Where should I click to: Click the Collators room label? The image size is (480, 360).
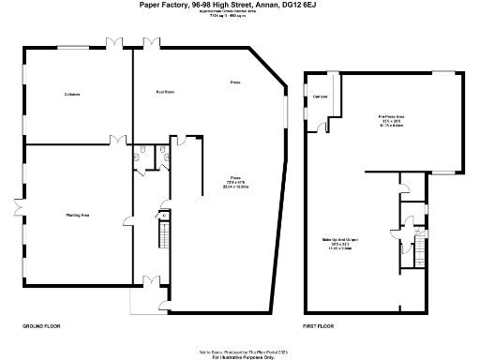click(71, 94)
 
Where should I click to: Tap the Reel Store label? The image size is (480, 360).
click(165, 92)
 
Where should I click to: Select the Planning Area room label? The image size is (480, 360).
click(77, 216)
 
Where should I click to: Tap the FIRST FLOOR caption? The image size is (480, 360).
click(320, 325)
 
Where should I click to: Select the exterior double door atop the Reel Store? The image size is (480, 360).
click(151, 43)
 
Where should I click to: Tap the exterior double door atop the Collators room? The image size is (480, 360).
click(113, 43)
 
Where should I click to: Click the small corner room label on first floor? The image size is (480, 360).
click(319, 97)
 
